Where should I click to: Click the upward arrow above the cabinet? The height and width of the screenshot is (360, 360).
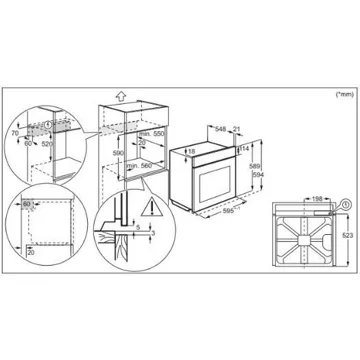pyautogui.click(x=119, y=96)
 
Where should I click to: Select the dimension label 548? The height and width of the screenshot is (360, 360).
pyautogui.click(x=220, y=128)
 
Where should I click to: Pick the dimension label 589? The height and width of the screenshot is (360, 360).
pyautogui.click(x=255, y=166)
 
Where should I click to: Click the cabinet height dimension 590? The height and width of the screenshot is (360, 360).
pyautogui.click(x=119, y=154)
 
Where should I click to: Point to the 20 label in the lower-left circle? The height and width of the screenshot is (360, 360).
pyautogui.click(x=32, y=253)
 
